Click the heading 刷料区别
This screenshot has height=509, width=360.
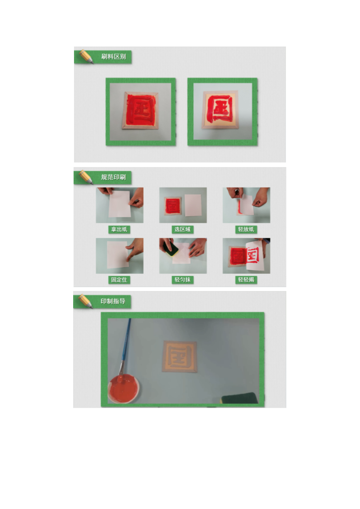[113, 57]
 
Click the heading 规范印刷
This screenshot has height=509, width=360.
[113, 177]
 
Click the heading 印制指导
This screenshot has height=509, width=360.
[113, 301]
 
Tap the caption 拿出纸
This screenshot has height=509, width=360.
[119, 230]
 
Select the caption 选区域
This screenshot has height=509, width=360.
[182, 230]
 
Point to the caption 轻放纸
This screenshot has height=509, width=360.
[246, 230]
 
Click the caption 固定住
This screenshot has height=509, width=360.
[119, 280]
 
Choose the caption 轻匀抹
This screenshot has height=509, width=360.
[182, 280]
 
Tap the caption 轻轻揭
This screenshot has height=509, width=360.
[246, 280]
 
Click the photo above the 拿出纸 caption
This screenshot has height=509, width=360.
[120, 205]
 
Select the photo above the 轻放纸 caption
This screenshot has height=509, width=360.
[246, 205]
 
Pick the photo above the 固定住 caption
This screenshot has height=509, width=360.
[120, 256]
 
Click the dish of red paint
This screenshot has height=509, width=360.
[124, 388]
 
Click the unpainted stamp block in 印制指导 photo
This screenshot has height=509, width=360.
[180, 356]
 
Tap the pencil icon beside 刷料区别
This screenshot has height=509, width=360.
[86, 56]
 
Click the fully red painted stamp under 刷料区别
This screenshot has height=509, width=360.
[140, 111]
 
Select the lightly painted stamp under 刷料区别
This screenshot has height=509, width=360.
[220, 109]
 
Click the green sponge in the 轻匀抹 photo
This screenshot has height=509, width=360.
[171, 248]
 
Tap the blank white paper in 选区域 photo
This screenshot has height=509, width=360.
[193, 205]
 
